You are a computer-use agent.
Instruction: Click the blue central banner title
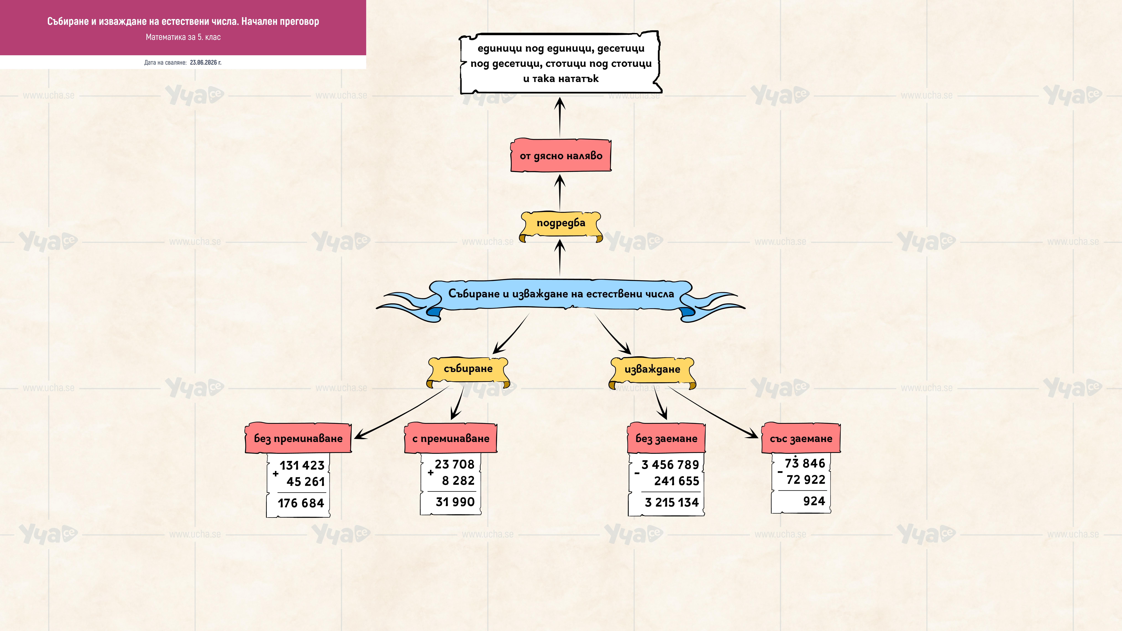coord(561,294)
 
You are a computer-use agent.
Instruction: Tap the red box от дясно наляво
coord(561,155)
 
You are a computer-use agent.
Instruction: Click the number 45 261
coord(306,482)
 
